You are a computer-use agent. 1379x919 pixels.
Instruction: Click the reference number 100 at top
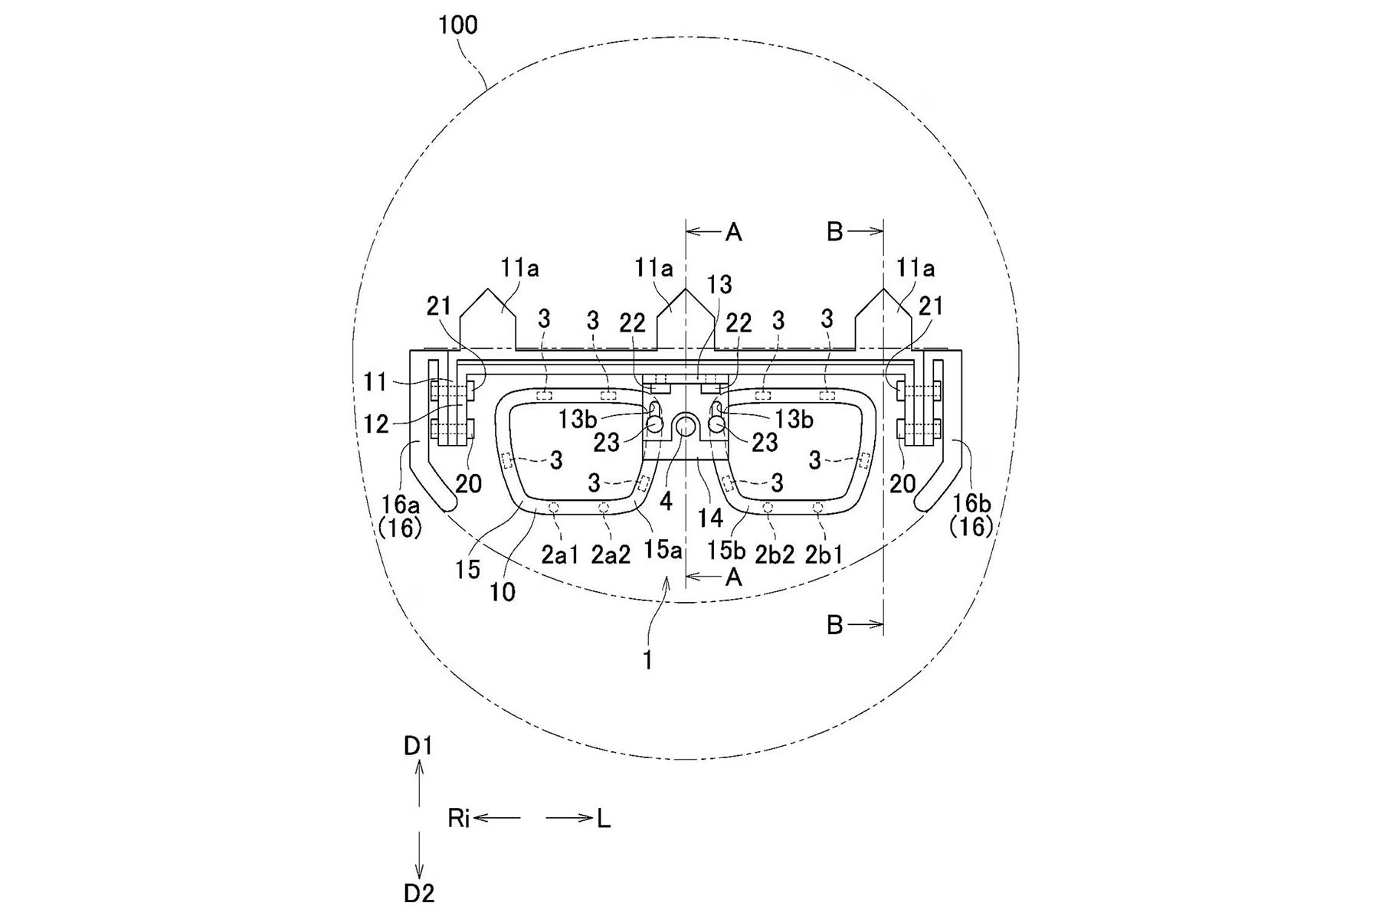457,25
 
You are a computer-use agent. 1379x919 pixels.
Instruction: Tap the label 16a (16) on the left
400,515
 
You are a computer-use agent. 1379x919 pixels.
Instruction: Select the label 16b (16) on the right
971,515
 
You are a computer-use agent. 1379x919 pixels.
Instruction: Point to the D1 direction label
418,746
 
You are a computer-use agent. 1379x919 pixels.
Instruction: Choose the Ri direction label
458,819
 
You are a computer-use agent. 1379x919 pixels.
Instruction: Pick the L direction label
604,819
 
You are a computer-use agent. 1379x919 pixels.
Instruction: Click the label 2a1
560,555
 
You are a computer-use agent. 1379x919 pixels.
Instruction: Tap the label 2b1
824,555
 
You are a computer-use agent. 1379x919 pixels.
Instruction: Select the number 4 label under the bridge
666,502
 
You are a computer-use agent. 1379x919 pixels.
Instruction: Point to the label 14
710,518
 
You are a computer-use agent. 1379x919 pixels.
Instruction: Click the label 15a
662,550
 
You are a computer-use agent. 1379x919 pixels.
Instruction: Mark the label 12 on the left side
376,424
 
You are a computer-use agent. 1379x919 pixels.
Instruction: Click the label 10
503,592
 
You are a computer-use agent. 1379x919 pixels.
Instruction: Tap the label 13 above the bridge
719,285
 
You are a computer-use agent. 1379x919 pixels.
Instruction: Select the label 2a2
611,555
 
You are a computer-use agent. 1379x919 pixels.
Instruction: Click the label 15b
726,550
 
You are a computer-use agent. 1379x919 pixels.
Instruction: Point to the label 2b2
775,555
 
